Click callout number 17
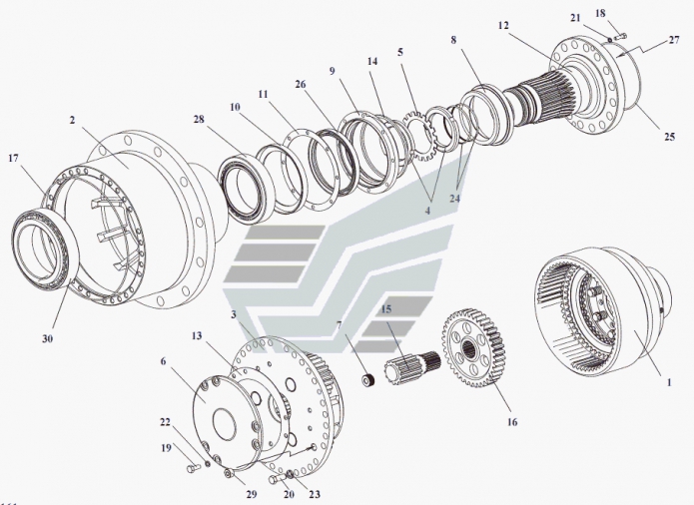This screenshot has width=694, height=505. coord(15,158)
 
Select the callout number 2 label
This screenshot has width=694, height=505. coord(74,120)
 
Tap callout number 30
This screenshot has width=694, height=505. coord(47,337)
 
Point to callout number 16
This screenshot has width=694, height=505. coord(512,422)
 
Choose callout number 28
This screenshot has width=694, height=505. coord(199,120)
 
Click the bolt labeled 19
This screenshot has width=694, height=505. coord(191,466)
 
